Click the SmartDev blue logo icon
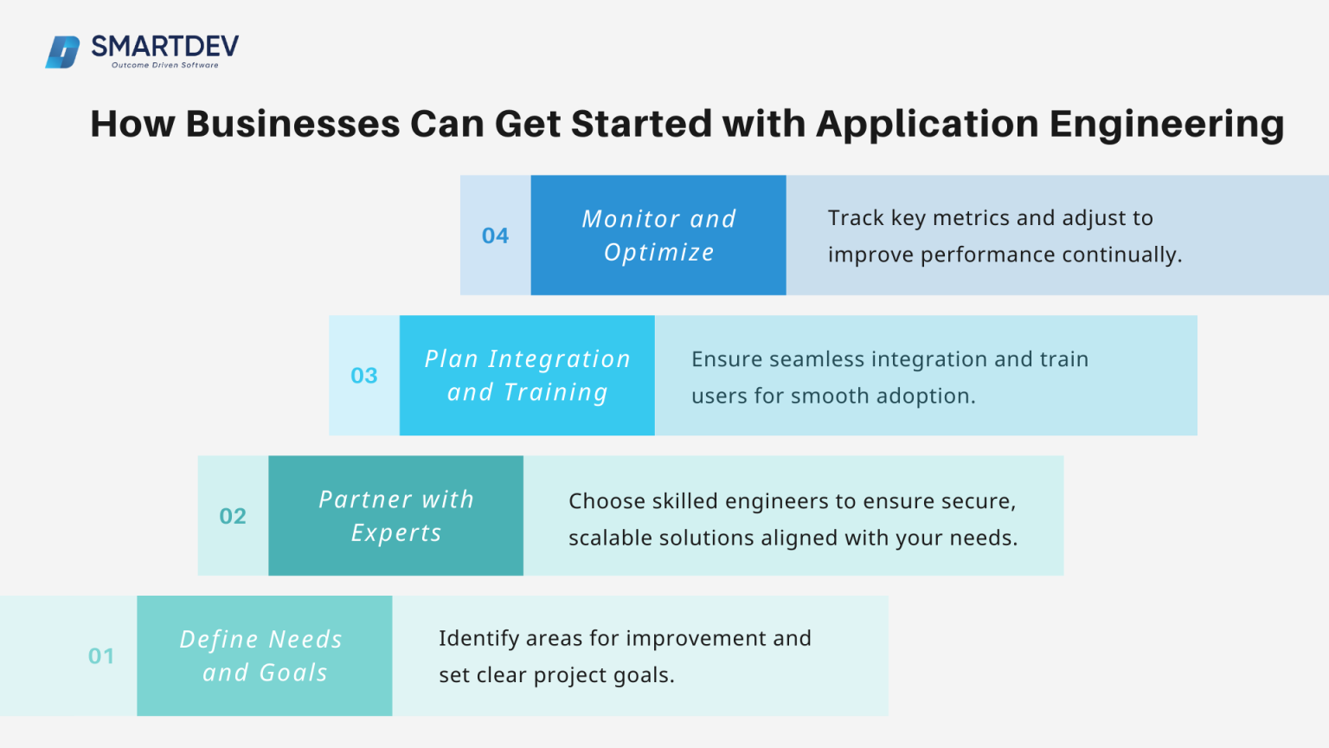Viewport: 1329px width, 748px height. [62, 52]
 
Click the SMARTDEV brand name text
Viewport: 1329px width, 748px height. [164, 46]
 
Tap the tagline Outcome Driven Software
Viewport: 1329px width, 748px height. [164, 65]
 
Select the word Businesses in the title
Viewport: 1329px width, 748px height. [292, 124]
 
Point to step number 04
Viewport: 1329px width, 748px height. [495, 235]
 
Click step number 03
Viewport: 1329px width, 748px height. [364, 376]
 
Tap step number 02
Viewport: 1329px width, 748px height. [233, 516]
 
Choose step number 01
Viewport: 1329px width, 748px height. [101, 656]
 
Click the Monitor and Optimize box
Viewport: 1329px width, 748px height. [658, 235]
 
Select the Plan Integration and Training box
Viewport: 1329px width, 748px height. [527, 376]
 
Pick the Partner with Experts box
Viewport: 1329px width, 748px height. [396, 516]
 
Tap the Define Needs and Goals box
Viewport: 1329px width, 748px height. [264, 656]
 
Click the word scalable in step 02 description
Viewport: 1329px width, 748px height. [610, 538]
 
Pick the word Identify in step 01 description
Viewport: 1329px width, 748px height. [479, 639]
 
